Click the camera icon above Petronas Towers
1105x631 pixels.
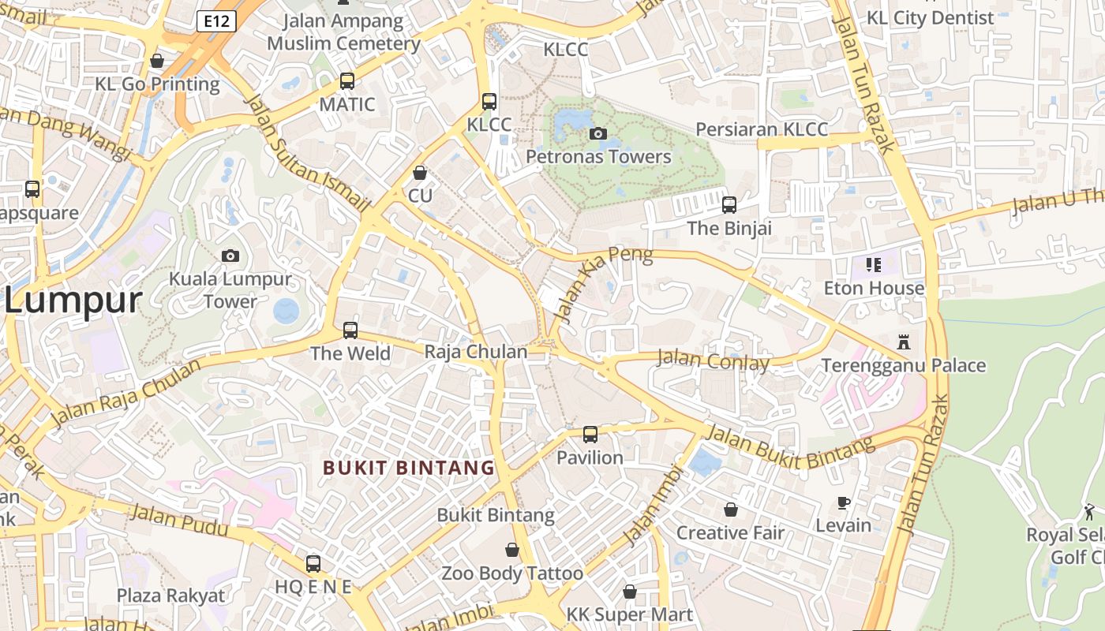tap(598, 134)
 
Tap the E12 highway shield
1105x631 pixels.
tap(216, 21)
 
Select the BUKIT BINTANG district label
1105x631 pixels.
tap(409, 468)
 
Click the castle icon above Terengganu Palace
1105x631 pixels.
tap(904, 342)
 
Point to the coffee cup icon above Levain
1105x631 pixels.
tap(844, 502)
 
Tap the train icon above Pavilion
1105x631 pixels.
tap(590, 435)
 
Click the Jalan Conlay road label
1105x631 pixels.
tap(713, 360)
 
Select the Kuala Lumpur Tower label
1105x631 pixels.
tap(230, 289)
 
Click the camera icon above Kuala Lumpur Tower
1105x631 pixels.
tap(230, 256)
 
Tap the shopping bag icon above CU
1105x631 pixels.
tap(421, 173)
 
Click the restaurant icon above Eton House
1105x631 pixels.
tap(873, 265)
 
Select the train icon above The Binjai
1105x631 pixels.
tap(729, 205)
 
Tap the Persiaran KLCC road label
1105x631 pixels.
tap(762, 129)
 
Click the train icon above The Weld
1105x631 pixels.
tap(350, 330)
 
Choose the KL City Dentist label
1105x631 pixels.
tap(930, 17)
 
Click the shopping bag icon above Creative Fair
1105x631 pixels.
tap(731, 510)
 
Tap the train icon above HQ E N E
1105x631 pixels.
tap(313, 564)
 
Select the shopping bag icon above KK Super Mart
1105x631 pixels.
tap(630, 592)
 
